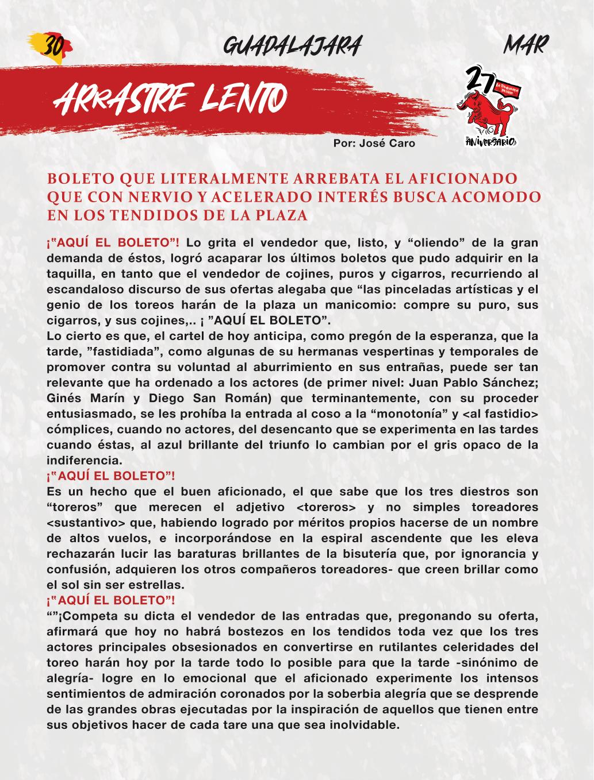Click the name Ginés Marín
[x=83, y=399]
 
